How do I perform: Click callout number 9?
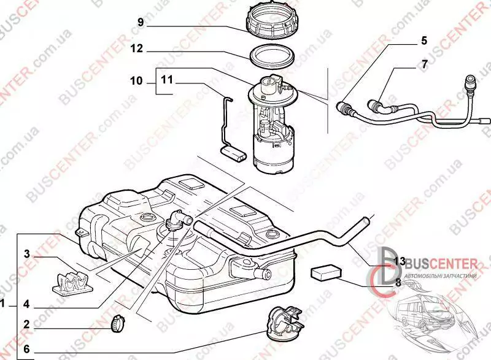[x=141, y=23]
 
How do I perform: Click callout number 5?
[x=423, y=42]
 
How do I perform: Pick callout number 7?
[x=423, y=63]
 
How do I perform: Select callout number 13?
[x=400, y=261]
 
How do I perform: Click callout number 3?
[x=28, y=254]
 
